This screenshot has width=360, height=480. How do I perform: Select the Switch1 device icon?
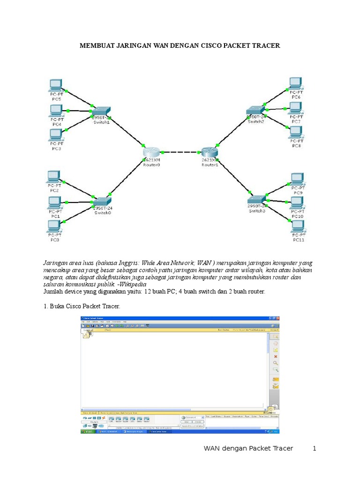point(101,111)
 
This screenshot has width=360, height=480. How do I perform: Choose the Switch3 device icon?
point(257,199)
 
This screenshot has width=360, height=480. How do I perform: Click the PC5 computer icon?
point(56,85)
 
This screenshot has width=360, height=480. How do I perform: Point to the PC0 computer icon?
point(55,227)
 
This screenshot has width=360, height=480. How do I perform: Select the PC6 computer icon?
point(295,83)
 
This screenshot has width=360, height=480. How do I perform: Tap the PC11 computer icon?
point(298,226)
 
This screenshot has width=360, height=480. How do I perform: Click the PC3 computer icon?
point(56,135)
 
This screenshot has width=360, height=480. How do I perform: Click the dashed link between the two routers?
point(181,152)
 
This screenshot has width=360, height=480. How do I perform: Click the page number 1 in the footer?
point(315,448)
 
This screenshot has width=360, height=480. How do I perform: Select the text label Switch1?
point(101,122)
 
